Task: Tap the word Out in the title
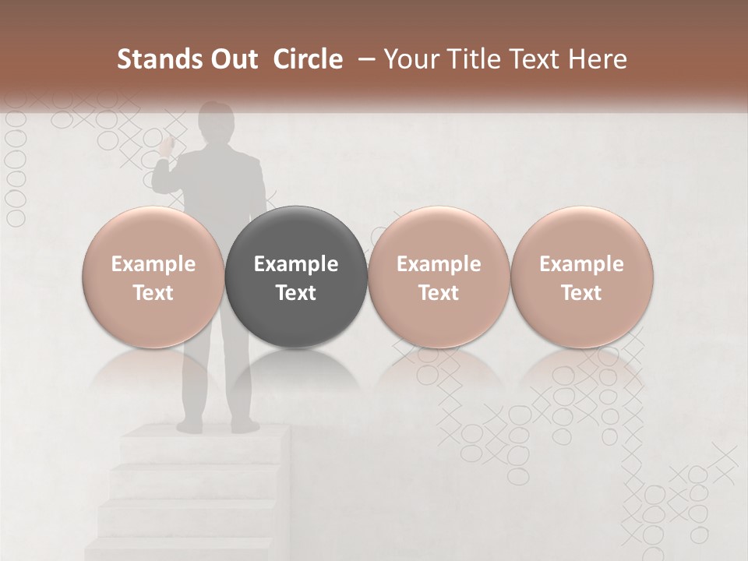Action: pyautogui.click(x=231, y=59)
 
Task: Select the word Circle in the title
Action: pyautogui.click(x=308, y=59)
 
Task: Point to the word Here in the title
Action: pyautogui.click(x=598, y=59)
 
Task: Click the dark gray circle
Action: pyautogui.click(x=296, y=277)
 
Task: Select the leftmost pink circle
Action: pyautogui.click(x=153, y=277)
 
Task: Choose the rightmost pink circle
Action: pyautogui.click(x=582, y=277)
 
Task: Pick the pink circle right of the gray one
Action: pyautogui.click(x=439, y=277)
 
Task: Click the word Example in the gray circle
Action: pyautogui.click(x=296, y=264)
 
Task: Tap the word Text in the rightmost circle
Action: pyautogui.click(x=582, y=293)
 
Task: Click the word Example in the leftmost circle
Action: pyautogui.click(x=153, y=264)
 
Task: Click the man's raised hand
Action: pyautogui.click(x=167, y=144)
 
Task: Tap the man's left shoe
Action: pyautogui.click(x=190, y=425)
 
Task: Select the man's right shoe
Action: pyautogui.click(x=243, y=425)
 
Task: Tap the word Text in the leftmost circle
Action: pyautogui.click(x=153, y=293)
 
